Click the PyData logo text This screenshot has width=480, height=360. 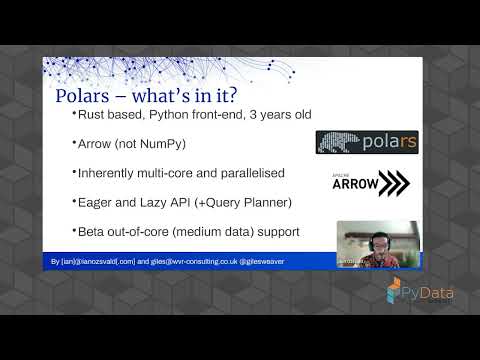pyautogui.click(x=432, y=293)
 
